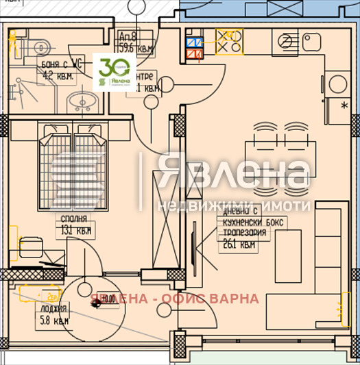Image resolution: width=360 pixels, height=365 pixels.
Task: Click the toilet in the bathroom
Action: pyautogui.click(x=43, y=47)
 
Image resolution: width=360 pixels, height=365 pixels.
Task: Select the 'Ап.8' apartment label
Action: pyautogui.click(x=128, y=38)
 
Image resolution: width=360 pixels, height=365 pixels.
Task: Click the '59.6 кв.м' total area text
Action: pyautogui.click(x=135, y=48)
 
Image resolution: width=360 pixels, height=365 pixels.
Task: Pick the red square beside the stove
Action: pyautogui.click(x=193, y=51)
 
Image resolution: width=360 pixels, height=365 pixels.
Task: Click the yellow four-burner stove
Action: pyautogui.click(x=229, y=42)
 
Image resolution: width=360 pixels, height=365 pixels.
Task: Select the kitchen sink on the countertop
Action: pyautogui.click(x=287, y=42)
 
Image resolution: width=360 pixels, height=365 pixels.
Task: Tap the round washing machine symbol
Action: pyautogui.click(x=338, y=84)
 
